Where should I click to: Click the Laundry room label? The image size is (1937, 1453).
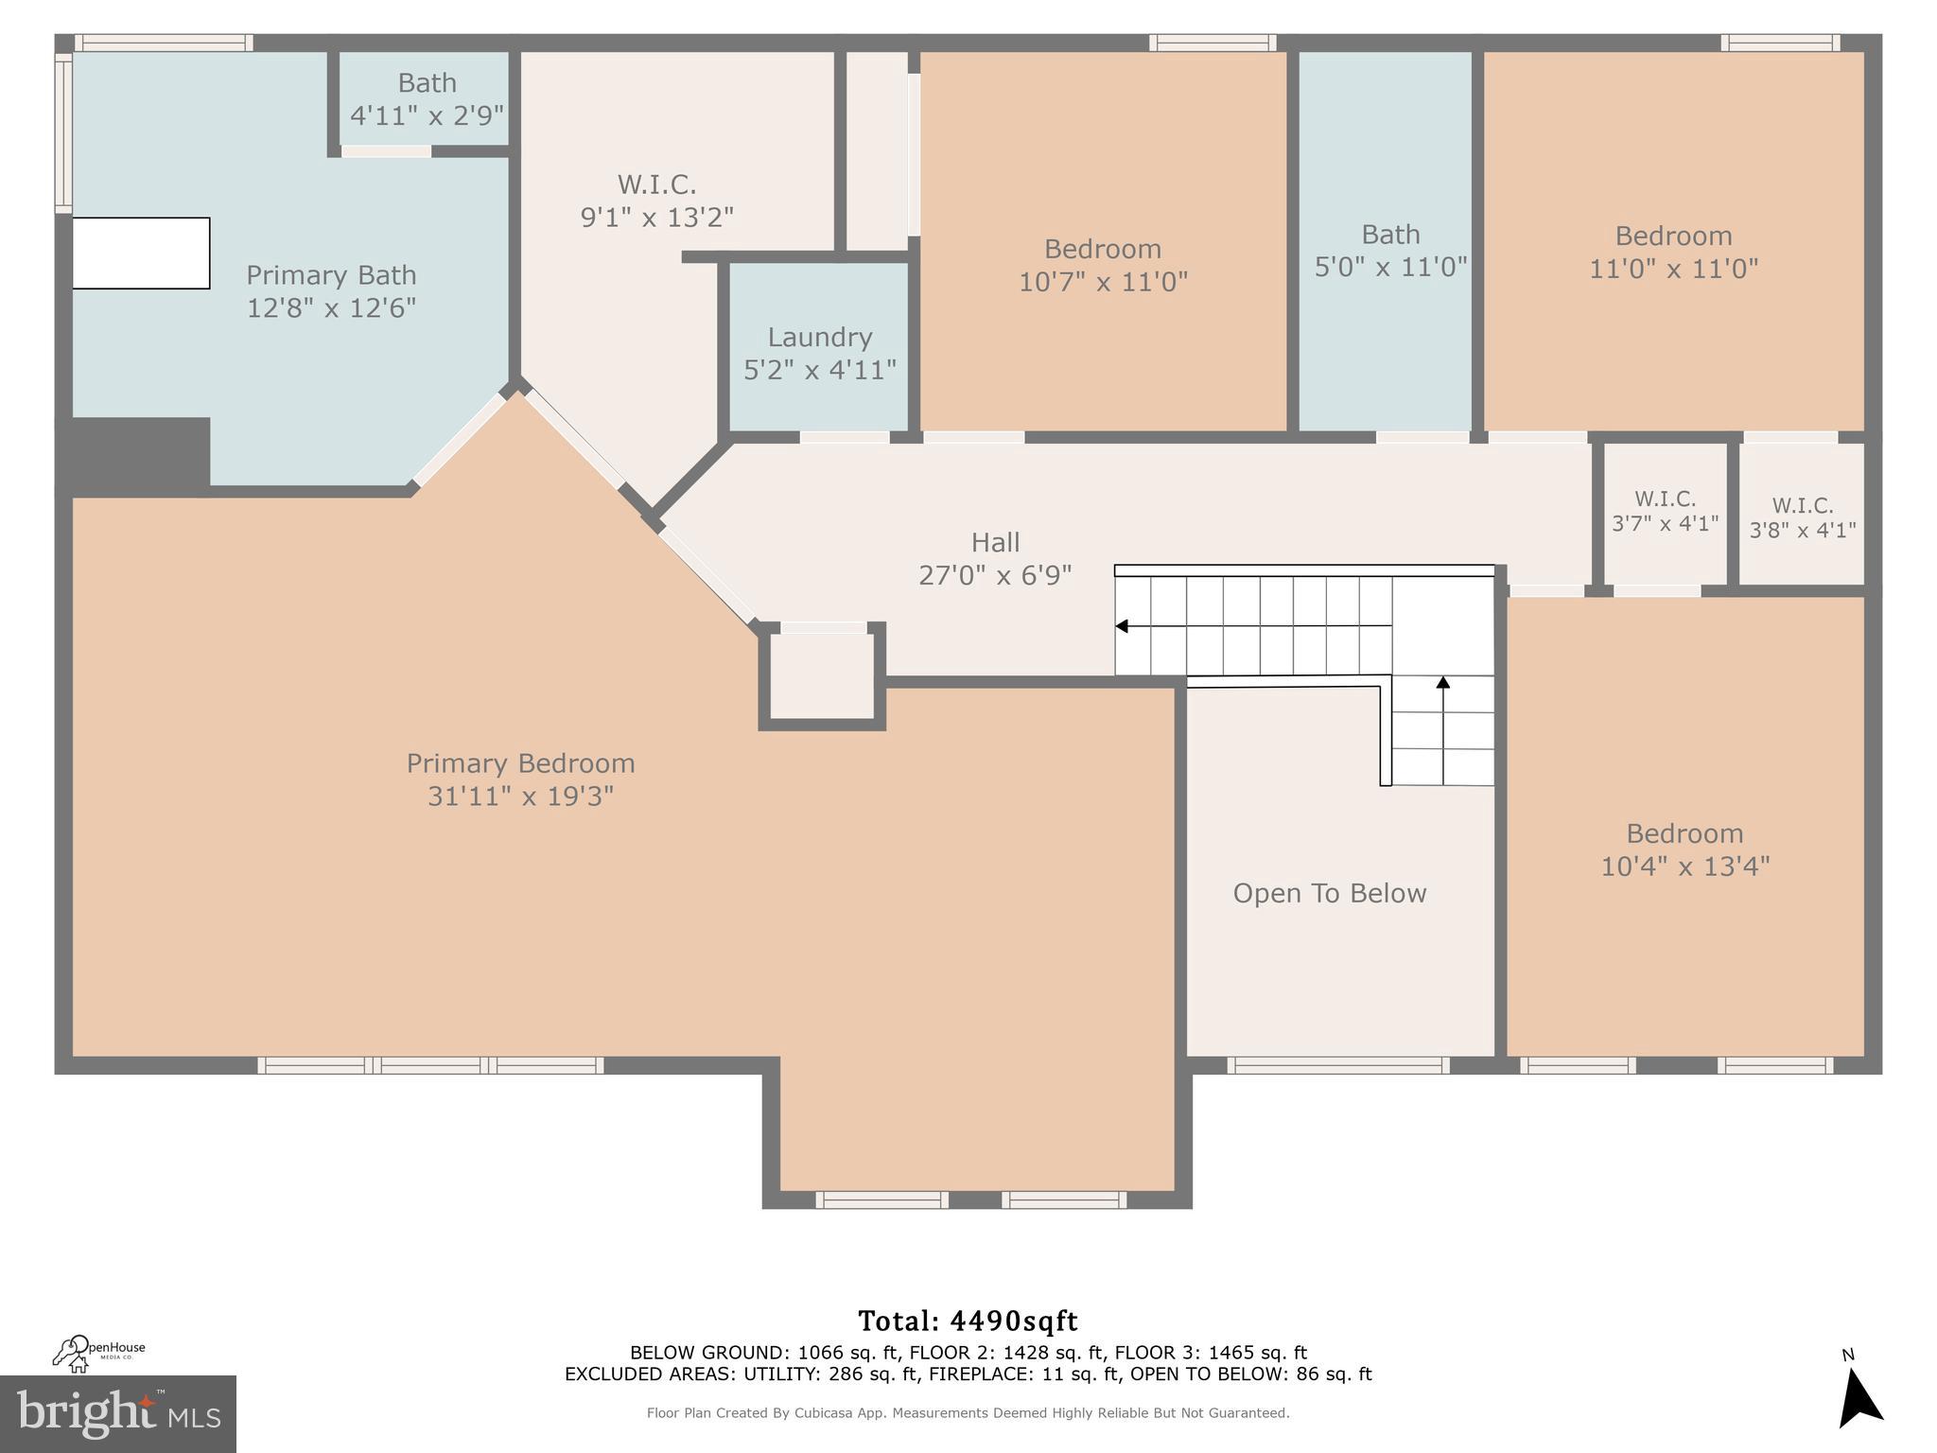tap(819, 338)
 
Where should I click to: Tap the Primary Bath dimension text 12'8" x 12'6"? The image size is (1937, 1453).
tap(331, 308)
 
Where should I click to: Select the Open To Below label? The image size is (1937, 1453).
tap(1329, 893)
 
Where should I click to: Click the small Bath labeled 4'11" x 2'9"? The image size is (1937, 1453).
tap(427, 98)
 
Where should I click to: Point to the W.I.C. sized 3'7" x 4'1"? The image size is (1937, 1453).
tap(1665, 511)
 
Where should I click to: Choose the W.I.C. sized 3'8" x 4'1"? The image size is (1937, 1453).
tap(1802, 517)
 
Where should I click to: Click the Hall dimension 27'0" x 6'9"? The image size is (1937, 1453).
tap(995, 575)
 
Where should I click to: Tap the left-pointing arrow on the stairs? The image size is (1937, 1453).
tap(1122, 626)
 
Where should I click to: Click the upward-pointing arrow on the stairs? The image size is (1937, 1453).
tap(1442, 682)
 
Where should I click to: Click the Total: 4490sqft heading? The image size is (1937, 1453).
tap(968, 1321)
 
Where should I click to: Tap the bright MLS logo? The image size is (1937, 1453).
tap(117, 1413)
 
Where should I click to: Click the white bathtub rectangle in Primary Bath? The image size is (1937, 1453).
tap(141, 253)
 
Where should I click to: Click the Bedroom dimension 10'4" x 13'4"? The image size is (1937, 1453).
tap(1684, 867)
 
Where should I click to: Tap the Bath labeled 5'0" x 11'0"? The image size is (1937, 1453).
tap(1390, 251)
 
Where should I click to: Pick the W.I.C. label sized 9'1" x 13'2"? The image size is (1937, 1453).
tap(656, 200)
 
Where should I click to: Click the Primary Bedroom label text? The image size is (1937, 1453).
tap(520, 763)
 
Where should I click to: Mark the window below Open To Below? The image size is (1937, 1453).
tap(1337, 1065)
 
